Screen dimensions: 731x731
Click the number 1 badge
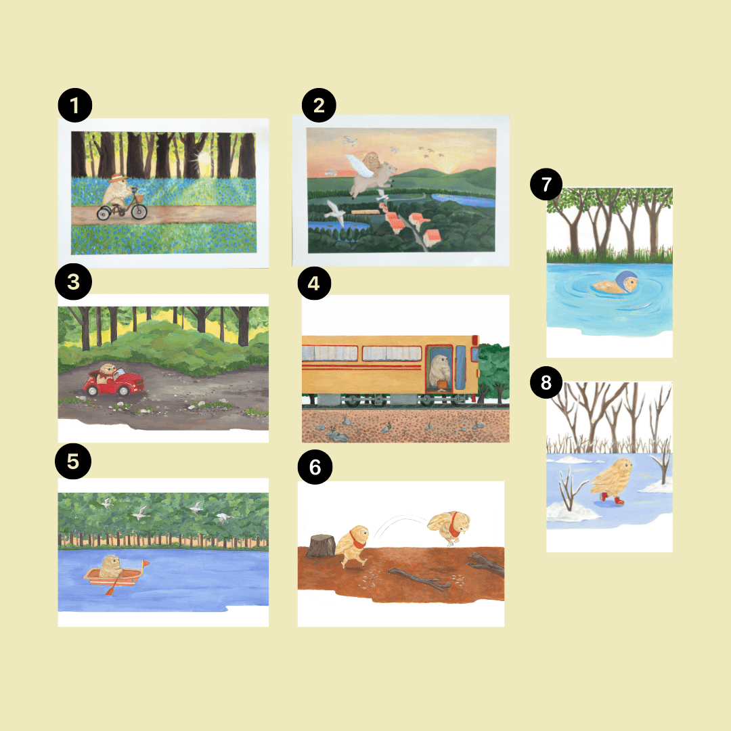tap(74, 106)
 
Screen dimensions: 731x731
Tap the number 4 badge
tap(314, 283)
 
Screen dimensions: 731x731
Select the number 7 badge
tap(546, 184)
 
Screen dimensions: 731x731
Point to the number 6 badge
tap(315, 466)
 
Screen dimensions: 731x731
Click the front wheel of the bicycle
tap(139, 212)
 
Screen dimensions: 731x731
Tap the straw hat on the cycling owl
tap(118, 177)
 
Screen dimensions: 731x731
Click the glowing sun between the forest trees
tap(204, 158)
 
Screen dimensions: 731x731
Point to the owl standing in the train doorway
tap(439, 371)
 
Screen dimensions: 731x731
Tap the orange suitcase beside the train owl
tap(441, 385)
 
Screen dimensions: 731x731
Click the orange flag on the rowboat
tap(146, 564)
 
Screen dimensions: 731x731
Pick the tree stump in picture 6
tap(321, 546)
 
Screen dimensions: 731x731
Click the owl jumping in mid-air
tap(449, 527)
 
